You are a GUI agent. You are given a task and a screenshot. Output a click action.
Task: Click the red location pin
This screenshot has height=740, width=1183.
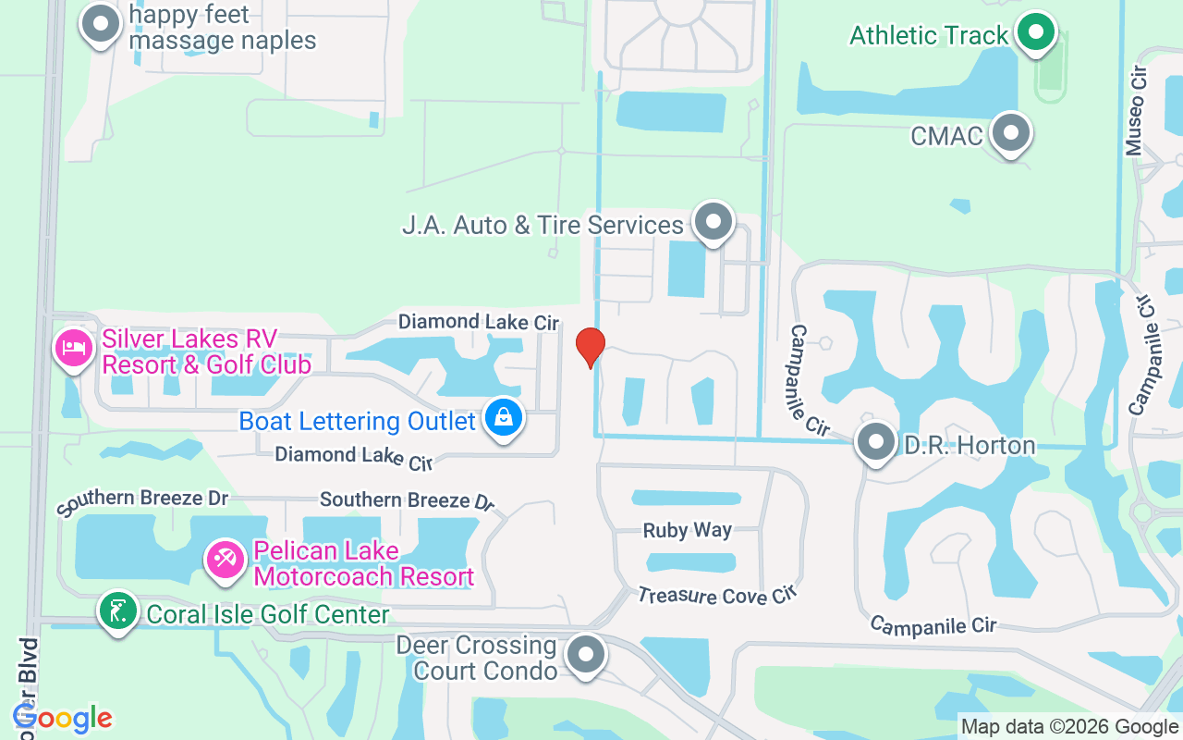[590, 347]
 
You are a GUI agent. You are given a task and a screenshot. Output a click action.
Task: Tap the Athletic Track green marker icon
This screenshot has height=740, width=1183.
[1037, 33]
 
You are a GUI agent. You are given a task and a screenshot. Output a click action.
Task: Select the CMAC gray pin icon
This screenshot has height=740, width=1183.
[1011, 133]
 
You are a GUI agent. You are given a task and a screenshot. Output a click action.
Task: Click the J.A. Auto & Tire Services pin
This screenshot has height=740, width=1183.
[713, 222]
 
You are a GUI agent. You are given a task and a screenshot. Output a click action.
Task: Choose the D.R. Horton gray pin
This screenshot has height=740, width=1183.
[875, 443]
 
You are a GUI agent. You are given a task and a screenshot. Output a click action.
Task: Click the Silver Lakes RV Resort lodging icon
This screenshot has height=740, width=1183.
[74, 348]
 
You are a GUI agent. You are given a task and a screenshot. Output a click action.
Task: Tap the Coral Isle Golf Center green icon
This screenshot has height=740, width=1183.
[117, 611]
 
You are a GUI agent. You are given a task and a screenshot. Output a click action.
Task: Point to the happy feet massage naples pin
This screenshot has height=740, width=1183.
[102, 24]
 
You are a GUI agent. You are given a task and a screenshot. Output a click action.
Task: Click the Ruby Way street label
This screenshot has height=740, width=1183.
[688, 531]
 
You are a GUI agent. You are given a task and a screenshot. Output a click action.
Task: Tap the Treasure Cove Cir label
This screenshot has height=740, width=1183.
[716, 596]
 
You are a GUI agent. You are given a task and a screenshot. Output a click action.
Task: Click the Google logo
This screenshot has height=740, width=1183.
[63, 718]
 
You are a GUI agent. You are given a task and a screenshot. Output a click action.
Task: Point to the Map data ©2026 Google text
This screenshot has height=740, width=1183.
[1069, 727]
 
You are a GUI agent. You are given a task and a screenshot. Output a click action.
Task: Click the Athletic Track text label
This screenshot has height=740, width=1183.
[929, 35]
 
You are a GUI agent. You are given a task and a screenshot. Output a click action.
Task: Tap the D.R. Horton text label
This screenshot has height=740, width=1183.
[969, 446]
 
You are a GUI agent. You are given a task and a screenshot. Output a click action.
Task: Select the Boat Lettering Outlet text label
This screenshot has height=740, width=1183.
[357, 421]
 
